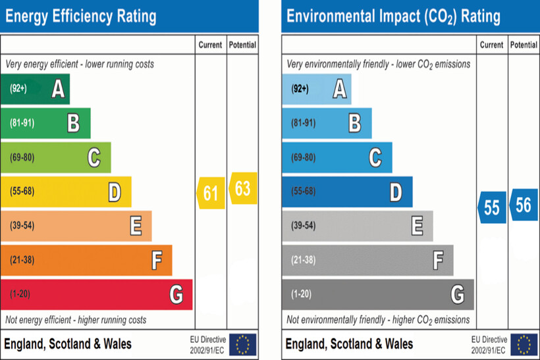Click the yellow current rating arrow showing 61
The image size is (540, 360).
[211, 193]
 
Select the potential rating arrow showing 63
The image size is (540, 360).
[242, 188]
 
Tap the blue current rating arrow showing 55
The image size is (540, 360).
[492, 208]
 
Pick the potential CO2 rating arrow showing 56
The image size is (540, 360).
[523, 205]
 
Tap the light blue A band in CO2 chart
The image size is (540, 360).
[316, 89]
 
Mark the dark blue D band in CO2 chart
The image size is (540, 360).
[347, 192]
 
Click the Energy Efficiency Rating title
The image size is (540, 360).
[81, 16]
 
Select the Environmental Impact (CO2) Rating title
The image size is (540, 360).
[393, 16]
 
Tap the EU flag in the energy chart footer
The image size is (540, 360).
[243, 344]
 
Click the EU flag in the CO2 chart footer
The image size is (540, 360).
[524, 344]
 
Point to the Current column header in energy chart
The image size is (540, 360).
[211, 45]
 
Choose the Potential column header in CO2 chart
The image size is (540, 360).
[524, 45]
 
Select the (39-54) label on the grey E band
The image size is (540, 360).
[303, 226]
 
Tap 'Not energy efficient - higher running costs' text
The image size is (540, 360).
[76, 320]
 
